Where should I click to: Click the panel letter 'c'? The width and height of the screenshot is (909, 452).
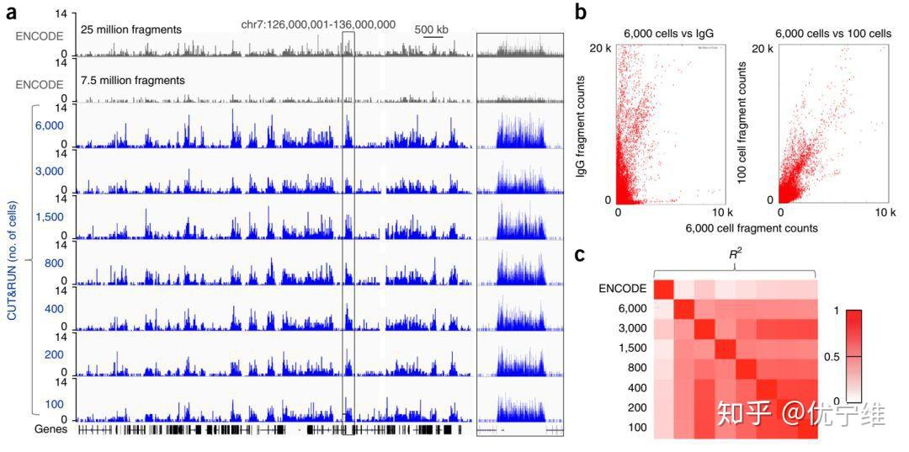[x=582, y=254]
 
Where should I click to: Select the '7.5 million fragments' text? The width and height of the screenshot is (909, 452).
[x=133, y=80]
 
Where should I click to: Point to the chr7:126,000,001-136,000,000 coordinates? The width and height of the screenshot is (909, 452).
[x=318, y=24]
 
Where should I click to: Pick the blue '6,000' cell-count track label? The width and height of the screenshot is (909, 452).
[x=49, y=125]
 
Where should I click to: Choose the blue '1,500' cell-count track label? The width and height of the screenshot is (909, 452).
[x=49, y=216]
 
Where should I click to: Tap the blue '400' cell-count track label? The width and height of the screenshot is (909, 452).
[x=54, y=309]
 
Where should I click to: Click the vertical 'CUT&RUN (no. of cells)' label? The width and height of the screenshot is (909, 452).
[x=13, y=261]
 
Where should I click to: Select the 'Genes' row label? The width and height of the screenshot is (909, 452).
[x=50, y=429]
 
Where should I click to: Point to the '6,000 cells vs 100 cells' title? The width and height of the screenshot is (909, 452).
[x=833, y=34]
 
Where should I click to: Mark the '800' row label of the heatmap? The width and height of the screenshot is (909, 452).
[x=635, y=367]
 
